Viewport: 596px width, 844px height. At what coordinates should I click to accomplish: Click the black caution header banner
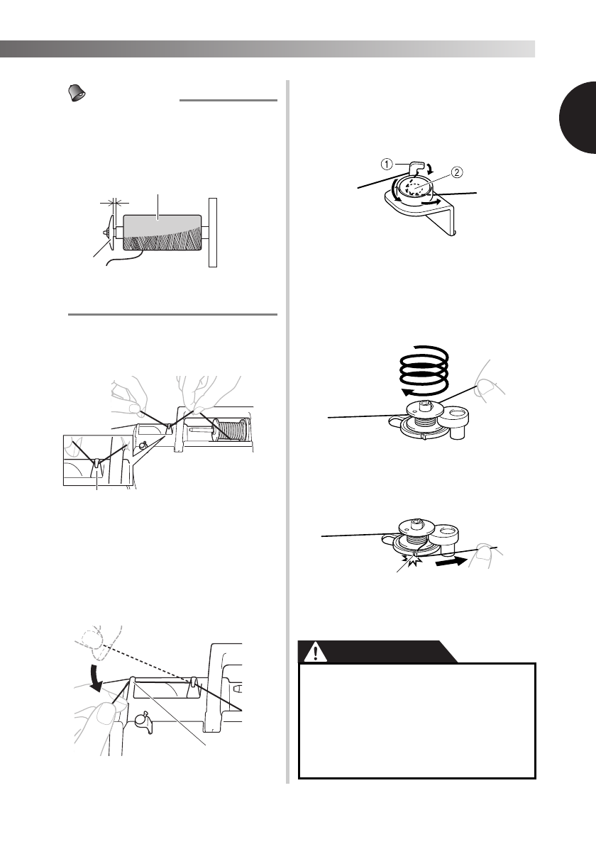(x=377, y=652)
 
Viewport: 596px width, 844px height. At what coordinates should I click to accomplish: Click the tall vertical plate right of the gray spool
(x=212, y=231)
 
